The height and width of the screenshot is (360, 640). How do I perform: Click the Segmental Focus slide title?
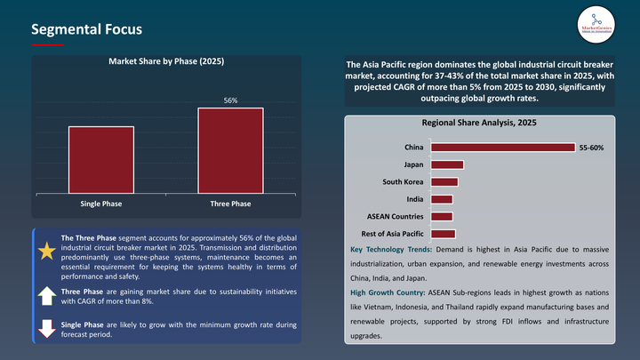pyautogui.click(x=86, y=29)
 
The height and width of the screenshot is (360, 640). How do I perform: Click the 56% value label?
pyautogui.click(x=230, y=100)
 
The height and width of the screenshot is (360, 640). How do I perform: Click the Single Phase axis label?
pyautogui.click(x=101, y=204)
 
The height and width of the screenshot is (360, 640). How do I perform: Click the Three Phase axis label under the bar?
pyautogui.click(x=230, y=204)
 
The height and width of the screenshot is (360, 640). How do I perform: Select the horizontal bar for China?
pyautogui.click(x=501, y=147)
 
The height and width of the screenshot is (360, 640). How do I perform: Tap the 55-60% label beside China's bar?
pyautogui.click(x=591, y=147)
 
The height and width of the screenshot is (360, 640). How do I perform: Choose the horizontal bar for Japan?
pyautogui.click(x=446, y=164)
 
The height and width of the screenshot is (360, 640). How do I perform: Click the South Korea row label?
pyautogui.click(x=402, y=182)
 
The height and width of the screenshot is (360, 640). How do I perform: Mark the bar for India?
pyautogui.click(x=441, y=199)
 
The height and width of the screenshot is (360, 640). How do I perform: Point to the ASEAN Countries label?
pyautogui.click(x=396, y=216)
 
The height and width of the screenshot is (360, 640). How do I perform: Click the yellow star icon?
pyautogui.click(x=46, y=252)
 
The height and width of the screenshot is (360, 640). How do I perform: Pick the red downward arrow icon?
pyautogui.click(x=46, y=328)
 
